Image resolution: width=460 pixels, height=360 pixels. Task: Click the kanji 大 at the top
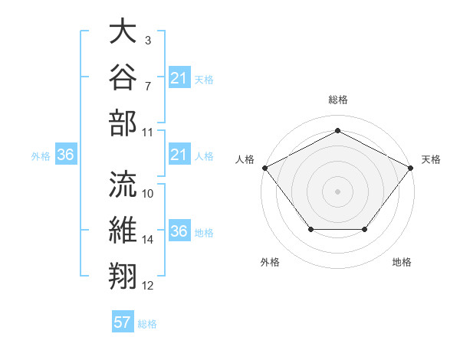(123, 31)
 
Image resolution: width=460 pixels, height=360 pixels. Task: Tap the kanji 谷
(123, 77)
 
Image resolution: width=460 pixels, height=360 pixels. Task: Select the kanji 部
(123, 123)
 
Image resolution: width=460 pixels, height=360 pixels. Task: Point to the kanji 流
(123, 184)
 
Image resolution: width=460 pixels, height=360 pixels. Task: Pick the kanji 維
(123, 230)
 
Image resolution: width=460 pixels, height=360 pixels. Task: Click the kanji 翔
(123, 276)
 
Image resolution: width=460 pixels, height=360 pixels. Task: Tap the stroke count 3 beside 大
(148, 41)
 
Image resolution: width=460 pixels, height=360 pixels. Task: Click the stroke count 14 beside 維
(147, 240)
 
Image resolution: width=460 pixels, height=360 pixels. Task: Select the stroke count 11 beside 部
(147, 133)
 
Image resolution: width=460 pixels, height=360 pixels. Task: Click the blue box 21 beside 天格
(179, 77)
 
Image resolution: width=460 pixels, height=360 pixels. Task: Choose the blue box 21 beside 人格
(179, 154)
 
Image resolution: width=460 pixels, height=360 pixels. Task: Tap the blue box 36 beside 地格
(179, 230)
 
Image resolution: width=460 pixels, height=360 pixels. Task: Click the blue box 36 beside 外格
(66, 154)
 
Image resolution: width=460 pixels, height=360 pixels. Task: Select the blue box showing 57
(123, 321)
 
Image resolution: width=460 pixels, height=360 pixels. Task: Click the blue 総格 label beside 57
(147, 324)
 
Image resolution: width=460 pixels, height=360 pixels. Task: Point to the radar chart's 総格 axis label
(338, 100)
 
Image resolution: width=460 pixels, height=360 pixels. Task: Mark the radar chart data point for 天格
(411, 168)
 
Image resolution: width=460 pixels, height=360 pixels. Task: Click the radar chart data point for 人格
(265, 168)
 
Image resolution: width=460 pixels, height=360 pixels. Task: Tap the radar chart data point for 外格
(311, 229)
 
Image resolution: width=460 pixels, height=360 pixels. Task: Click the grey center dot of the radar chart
(337, 191)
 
